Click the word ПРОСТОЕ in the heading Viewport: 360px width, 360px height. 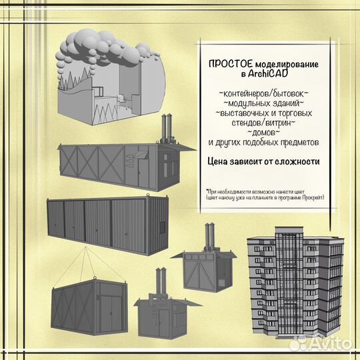click(x=231, y=64)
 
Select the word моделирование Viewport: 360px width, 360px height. click(x=287, y=65)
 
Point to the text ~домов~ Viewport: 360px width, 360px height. click(x=263, y=133)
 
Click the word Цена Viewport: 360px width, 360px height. click(x=217, y=161)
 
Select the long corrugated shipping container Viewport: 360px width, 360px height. click(x=108, y=225)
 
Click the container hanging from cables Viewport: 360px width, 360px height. click(x=89, y=307)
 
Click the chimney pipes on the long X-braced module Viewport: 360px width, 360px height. click(x=167, y=128)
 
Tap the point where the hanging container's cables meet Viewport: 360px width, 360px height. click(x=86, y=247)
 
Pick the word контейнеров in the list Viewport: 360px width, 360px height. click(x=243, y=94)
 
